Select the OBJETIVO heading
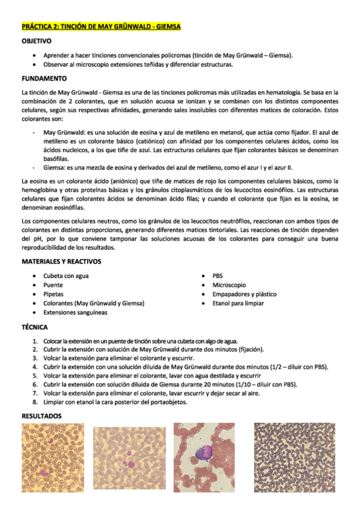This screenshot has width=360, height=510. [36, 41]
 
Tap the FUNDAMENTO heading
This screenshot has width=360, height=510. [44, 79]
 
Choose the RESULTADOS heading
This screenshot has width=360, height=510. [41, 416]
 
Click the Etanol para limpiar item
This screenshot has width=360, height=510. [238, 304]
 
